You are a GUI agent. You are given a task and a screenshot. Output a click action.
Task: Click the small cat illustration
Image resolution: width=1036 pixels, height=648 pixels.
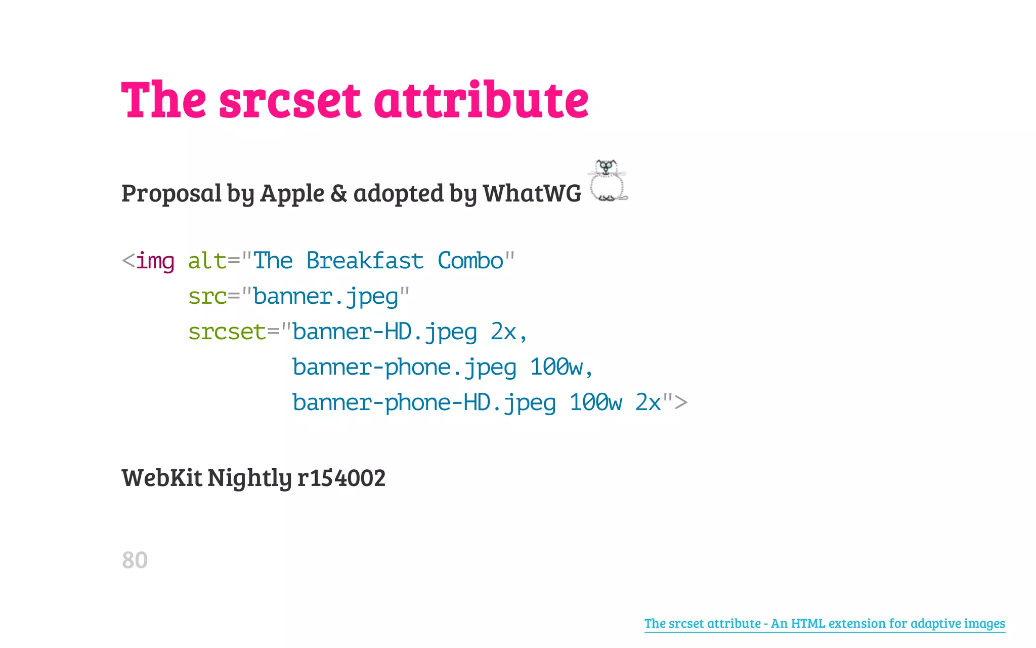pyautogui.click(x=608, y=181)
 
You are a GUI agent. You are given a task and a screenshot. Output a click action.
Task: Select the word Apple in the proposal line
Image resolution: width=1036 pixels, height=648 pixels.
pyautogui.click(x=292, y=194)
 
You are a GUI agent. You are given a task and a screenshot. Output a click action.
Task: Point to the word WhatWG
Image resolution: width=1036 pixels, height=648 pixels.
pyautogui.click(x=532, y=193)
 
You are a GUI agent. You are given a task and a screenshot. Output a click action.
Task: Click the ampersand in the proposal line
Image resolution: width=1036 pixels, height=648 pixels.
pyautogui.click(x=338, y=194)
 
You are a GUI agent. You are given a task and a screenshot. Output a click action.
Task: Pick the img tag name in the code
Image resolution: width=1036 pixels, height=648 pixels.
pyautogui.click(x=155, y=262)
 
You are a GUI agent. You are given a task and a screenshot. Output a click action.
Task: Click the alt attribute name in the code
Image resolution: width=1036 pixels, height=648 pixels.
pyautogui.click(x=207, y=261)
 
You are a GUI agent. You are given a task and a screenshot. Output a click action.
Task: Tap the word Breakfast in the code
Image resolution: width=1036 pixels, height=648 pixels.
pyautogui.click(x=365, y=261)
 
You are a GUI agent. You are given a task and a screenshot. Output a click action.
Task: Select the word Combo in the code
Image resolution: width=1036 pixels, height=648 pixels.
pyautogui.click(x=470, y=261)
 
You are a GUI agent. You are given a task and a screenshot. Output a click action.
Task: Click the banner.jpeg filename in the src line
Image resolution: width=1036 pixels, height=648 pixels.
pyautogui.click(x=326, y=297)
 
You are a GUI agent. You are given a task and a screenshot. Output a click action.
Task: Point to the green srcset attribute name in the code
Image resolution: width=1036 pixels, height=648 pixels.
pyautogui.click(x=227, y=333)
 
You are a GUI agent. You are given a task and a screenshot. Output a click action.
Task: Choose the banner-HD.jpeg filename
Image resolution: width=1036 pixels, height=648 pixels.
pyautogui.click(x=384, y=333)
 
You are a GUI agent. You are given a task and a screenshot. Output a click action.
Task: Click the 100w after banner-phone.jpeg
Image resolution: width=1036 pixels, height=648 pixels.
pyautogui.click(x=556, y=368)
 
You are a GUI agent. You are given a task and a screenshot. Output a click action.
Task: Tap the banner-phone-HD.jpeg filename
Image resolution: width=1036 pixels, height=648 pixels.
pyautogui.click(x=424, y=403)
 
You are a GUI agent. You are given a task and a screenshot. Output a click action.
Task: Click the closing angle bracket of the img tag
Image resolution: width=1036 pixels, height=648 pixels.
pyautogui.click(x=681, y=403)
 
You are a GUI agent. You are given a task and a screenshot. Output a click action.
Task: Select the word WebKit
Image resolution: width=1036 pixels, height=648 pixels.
pyautogui.click(x=162, y=478)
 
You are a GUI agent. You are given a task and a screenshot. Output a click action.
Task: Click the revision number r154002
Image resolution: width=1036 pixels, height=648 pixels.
pyautogui.click(x=341, y=478)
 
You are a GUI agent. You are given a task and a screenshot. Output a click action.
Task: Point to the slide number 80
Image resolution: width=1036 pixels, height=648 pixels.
pyautogui.click(x=135, y=560)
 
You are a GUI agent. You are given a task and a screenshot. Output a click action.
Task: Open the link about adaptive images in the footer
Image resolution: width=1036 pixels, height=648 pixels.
pyautogui.click(x=825, y=623)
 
